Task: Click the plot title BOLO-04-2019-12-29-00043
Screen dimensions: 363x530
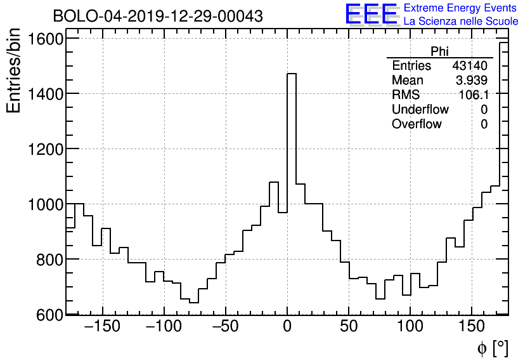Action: click(x=158, y=16)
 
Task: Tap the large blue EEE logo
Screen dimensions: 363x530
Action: click(x=371, y=15)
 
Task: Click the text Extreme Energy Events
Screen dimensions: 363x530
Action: click(x=461, y=8)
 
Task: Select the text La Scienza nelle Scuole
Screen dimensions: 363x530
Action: click(x=461, y=21)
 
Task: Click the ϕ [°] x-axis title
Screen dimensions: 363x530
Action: click(x=492, y=348)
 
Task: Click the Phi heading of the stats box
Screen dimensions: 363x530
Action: click(x=440, y=51)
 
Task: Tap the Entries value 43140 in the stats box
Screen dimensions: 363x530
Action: click(x=470, y=66)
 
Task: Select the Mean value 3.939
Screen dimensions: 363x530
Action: click(x=472, y=81)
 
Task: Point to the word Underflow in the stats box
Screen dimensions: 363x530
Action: click(x=420, y=110)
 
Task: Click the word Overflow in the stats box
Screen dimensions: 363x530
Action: click(x=417, y=124)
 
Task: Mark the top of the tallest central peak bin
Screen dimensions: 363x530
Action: click(x=292, y=74)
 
